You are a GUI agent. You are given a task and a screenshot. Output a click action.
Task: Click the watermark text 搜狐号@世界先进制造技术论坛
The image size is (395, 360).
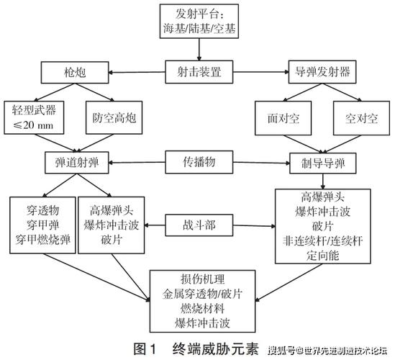pos(327,350)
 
